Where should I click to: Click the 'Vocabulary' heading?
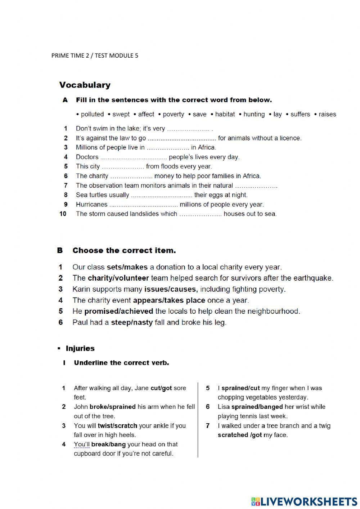85,85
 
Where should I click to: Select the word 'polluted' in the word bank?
92,114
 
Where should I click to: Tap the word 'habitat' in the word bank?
225,114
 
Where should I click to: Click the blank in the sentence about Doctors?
134,157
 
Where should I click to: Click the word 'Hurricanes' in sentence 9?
91,205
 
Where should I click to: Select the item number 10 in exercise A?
63,214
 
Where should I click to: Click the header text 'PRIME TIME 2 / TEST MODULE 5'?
95,55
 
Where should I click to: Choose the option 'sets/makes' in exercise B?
127,267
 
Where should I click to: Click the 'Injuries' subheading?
80,348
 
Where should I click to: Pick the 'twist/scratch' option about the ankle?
117,426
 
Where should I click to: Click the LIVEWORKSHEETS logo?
304,501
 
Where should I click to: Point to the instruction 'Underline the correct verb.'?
121,363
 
